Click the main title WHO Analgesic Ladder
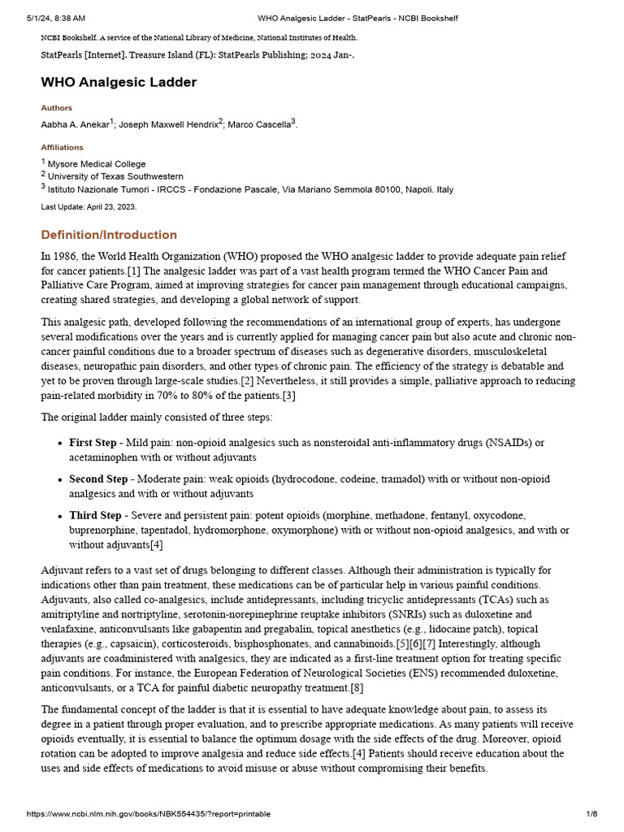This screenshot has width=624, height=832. pyautogui.click(x=119, y=82)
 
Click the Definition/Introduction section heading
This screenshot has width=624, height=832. pyautogui.click(x=109, y=235)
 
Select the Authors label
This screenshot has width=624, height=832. pyautogui.click(x=57, y=108)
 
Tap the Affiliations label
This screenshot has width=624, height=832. pyautogui.click(x=63, y=148)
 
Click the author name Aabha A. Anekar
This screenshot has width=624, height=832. pyautogui.click(x=75, y=124)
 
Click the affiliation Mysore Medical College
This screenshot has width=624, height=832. pyautogui.click(x=97, y=163)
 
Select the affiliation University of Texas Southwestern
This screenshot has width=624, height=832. pyautogui.click(x=115, y=176)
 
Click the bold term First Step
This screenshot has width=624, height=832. pyautogui.click(x=93, y=443)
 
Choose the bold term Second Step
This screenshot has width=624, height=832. pyautogui.click(x=98, y=479)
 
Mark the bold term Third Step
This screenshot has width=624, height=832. pyautogui.click(x=95, y=516)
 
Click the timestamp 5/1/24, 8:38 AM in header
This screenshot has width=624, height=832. pyautogui.click(x=56, y=18)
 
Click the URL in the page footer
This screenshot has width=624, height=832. pyautogui.click(x=149, y=813)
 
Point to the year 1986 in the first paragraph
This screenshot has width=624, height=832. pyautogui.click(x=67, y=257)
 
